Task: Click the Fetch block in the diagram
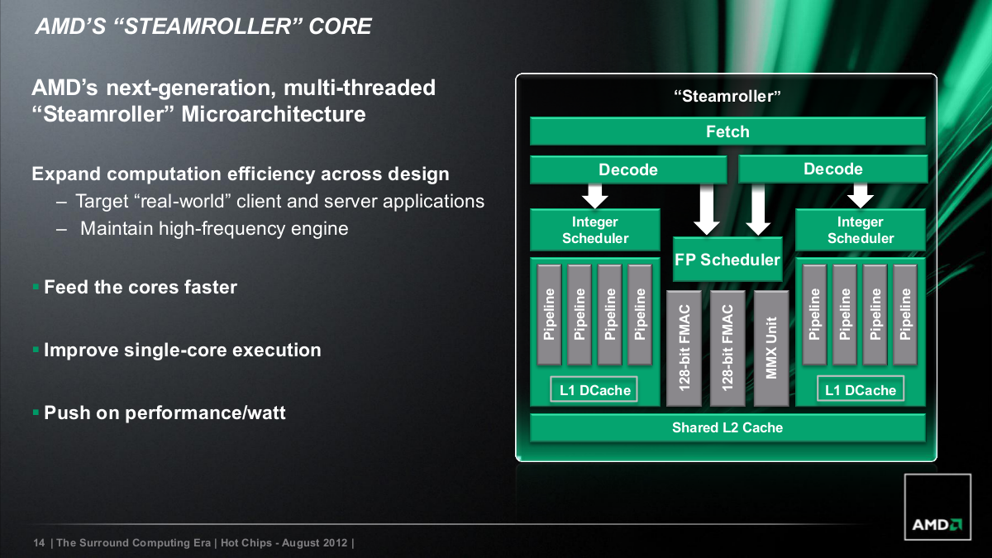(727, 131)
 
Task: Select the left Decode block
(628, 169)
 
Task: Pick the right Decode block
(832, 169)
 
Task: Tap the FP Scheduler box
(727, 260)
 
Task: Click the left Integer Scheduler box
(595, 230)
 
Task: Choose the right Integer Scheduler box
(861, 230)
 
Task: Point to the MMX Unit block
(772, 347)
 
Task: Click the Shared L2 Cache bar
(727, 427)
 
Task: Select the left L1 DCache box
(595, 390)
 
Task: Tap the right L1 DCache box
(861, 390)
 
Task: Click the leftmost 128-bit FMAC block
(684, 347)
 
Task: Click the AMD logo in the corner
(937, 523)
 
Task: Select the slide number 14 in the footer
(38, 543)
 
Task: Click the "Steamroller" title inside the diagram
(727, 96)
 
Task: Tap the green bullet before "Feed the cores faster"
(36, 286)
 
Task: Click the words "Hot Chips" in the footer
(241, 543)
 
